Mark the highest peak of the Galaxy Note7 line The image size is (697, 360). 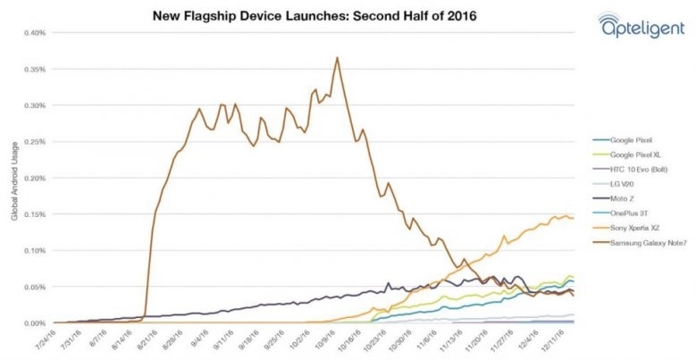(337, 58)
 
